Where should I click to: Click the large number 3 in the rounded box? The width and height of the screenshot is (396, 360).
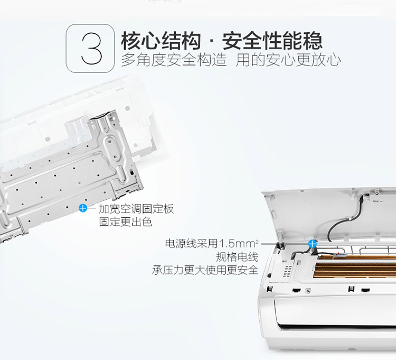click(x=91, y=49)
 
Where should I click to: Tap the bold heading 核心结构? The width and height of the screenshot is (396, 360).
click(x=161, y=41)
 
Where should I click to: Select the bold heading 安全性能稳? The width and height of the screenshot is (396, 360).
click(x=272, y=41)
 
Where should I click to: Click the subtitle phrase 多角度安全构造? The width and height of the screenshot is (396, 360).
click(x=174, y=60)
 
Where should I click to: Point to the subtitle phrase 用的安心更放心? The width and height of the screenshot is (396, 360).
click(x=288, y=60)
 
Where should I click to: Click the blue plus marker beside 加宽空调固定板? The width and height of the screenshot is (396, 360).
click(x=83, y=208)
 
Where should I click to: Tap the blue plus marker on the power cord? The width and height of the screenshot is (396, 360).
click(x=313, y=244)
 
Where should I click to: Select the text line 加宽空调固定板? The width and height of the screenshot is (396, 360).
click(x=136, y=209)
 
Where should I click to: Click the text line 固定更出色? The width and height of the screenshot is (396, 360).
click(x=126, y=222)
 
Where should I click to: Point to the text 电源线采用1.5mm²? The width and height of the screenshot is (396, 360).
click(x=212, y=244)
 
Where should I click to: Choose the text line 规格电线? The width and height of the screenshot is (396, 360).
click(x=237, y=257)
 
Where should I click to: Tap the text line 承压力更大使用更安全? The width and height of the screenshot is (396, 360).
click(x=205, y=270)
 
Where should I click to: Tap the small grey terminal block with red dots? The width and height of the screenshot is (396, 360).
click(x=341, y=255)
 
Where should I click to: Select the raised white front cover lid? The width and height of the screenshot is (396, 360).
click(x=328, y=215)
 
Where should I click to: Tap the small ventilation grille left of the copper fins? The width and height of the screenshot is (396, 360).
click(x=287, y=271)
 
